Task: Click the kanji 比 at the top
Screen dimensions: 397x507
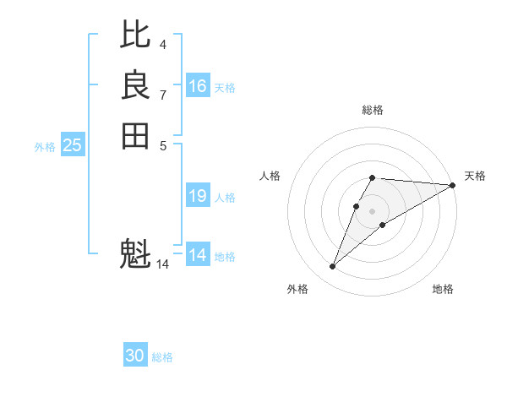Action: [x=135, y=35]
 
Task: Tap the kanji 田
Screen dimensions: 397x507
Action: [x=135, y=135]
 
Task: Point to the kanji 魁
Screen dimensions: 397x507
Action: [x=135, y=253]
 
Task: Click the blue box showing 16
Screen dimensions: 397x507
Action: [x=198, y=86]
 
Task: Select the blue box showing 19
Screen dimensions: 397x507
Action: [x=198, y=196]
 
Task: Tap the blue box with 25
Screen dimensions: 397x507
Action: [x=73, y=145]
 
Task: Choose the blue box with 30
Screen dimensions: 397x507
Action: [x=135, y=356]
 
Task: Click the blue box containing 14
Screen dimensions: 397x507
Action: [x=198, y=255]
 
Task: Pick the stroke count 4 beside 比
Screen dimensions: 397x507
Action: [x=163, y=44]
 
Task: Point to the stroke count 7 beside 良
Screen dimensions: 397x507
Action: [x=163, y=95]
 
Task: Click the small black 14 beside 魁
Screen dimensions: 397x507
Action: [x=163, y=264]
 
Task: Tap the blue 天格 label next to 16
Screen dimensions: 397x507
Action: [x=225, y=88]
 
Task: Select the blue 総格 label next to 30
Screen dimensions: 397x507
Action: [x=162, y=357]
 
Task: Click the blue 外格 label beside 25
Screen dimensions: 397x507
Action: [x=45, y=147]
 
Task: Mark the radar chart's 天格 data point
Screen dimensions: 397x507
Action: [x=453, y=185]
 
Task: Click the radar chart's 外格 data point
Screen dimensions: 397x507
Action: [x=333, y=267]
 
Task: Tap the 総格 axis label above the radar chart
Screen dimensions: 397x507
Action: [x=373, y=110]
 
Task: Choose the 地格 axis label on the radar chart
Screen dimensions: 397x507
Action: [x=443, y=290]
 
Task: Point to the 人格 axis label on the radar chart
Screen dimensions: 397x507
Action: [x=270, y=176]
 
